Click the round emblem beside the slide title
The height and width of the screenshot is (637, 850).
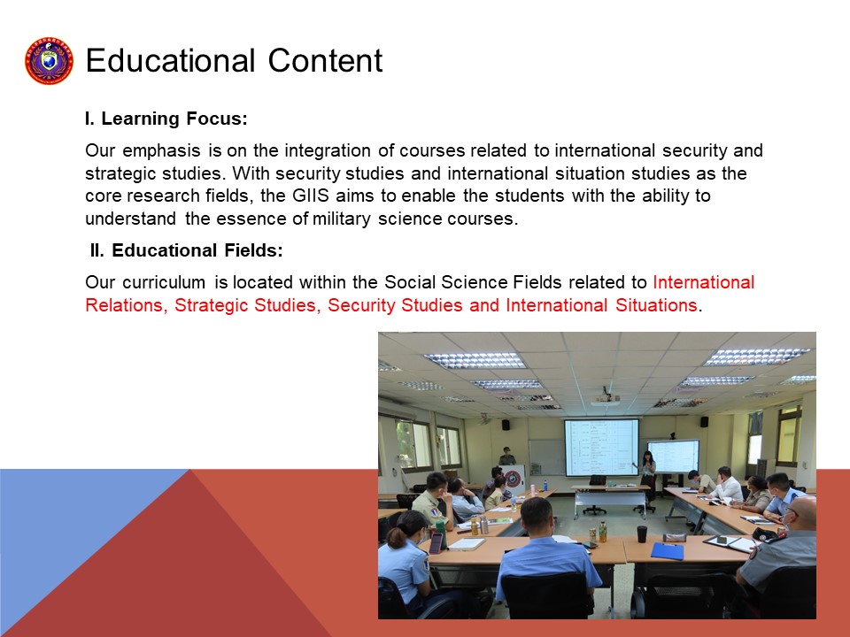[x=49, y=61]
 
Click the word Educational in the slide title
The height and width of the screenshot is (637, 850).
[x=170, y=60]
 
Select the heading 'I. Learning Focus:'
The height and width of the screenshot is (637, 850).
[x=166, y=119]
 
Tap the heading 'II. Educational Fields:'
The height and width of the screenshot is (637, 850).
[x=187, y=250]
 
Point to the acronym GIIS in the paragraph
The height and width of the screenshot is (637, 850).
[x=311, y=196]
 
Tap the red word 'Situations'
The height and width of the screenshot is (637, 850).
[x=656, y=305]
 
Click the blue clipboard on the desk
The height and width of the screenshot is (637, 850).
[x=668, y=551]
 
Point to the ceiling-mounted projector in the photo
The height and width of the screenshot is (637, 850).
[x=606, y=398]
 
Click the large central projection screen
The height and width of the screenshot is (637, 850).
[x=601, y=448]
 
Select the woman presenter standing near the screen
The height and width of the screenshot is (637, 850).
[x=648, y=476]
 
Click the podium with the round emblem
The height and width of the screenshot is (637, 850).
[x=513, y=480]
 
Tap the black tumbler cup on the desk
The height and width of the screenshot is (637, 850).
[x=642, y=534]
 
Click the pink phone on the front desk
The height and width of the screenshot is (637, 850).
[x=436, y=542]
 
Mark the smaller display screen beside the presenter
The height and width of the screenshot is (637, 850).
[x=673, y=457]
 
